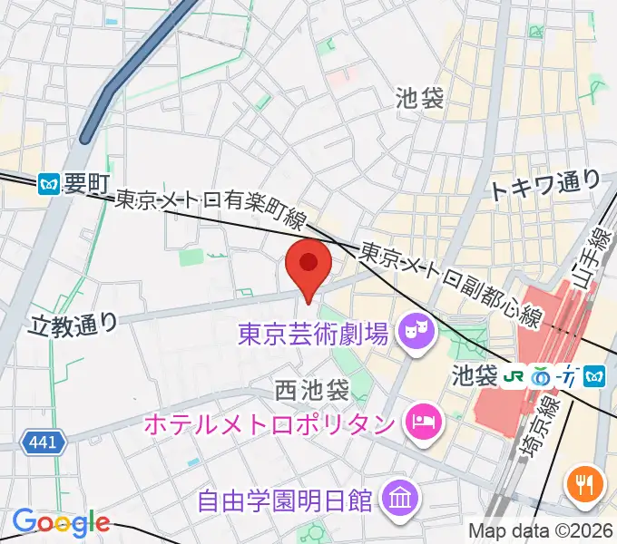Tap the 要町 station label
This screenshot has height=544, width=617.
point(88,184)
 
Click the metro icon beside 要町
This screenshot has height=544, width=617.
point(51,184)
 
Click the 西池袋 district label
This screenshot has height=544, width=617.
point(312,392)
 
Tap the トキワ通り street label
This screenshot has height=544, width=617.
point(544,186)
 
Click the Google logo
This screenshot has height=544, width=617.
point(61,521)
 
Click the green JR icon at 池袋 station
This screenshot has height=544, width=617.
point(514,374)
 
